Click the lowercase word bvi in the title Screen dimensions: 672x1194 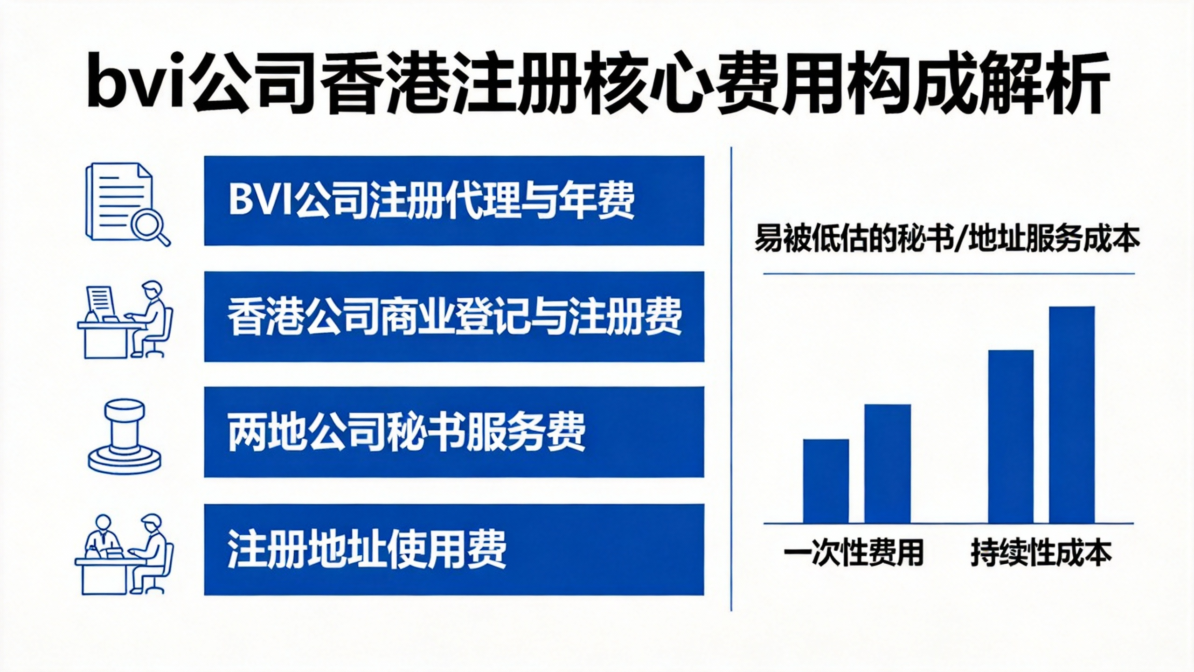(135, 84)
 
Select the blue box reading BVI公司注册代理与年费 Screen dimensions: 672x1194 (454, 201)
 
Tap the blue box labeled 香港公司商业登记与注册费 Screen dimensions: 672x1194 (454, 316)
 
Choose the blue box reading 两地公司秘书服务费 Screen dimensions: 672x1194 (454, 432)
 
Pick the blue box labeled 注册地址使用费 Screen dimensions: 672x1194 (454, 549)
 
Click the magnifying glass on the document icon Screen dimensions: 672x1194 (149, 226)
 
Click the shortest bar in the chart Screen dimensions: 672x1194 (826, 481)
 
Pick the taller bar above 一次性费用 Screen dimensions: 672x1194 (888, 463)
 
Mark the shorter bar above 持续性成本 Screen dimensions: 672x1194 (1011, 436)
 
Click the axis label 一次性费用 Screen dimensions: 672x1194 (854, 553)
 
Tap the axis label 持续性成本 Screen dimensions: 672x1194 (1041, 553)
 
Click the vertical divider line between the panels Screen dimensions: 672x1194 (731, 378)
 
